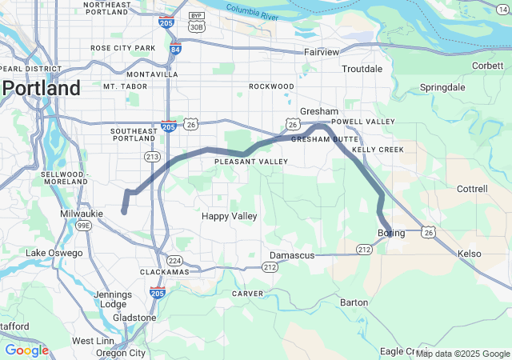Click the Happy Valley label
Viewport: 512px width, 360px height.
pyautogui.click(x=229, y=216)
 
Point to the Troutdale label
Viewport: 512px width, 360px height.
pyautogui.click(x=362, y=69)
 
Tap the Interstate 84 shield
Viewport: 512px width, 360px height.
pyautogui.click(x=175, y=50)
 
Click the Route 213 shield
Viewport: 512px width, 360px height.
pyautogui.click(x=152, y=157)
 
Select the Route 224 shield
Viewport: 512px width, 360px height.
pyautogui.click(x=175, y=261)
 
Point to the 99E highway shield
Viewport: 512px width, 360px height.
pyautogui.click(x=82, y=226)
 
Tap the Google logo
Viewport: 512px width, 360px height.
pyautogui.click(x=26, y=350)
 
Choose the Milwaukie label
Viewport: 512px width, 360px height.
pyautogui.click(x=82, y=214)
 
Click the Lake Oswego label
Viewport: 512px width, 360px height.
pyautogui.click(x=54, y=253)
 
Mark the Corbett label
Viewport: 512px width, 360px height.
pyautogui.click(x=488, y=66)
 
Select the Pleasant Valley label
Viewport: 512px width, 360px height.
pyautogui.click(x=250, y=162)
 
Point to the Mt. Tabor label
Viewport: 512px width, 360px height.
pyautogui.click(x=121, y=86)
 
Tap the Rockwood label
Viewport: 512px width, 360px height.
pyautogui.click(x=271, y=86)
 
